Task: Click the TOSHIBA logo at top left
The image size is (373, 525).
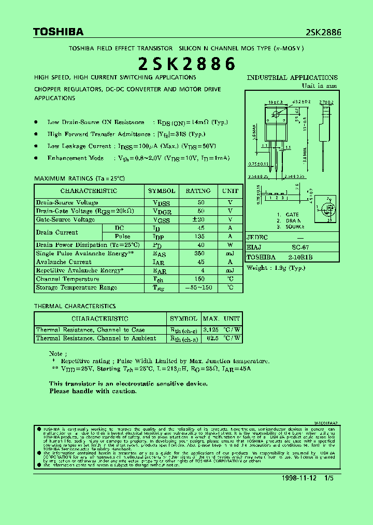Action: click(x=58, y=32)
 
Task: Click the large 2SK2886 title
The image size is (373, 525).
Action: click(x=187, y=63)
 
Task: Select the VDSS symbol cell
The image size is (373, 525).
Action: click(x=162, y=203)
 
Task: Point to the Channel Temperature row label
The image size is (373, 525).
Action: click(x=67, y=279)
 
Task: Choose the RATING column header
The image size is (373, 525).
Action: click(x=198, y=191)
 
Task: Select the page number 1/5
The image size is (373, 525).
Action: click(x=329, y=478)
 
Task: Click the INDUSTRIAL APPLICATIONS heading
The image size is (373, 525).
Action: click(x=292, y=78)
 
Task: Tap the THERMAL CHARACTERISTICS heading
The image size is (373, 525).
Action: click(x=75, y=307)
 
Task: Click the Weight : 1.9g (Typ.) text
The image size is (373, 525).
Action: click(x=276, y=268)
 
